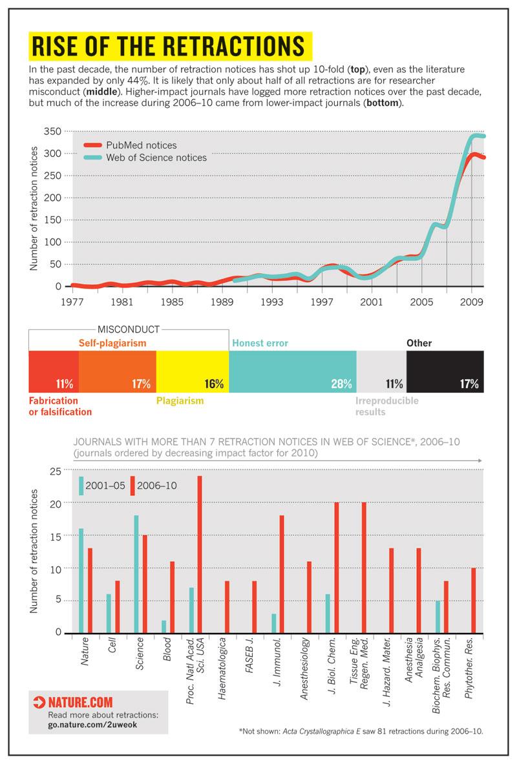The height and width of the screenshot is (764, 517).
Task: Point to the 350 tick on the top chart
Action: pos(52,131)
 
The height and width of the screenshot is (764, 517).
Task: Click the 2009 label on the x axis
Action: pos(472,302)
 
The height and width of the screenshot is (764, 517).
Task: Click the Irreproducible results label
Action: pos(386,406)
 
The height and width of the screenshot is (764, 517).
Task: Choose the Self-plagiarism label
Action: pos(112,342)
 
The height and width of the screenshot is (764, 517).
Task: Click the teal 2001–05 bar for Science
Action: pos(136,573)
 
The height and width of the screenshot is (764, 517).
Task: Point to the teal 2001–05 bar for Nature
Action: pos(81,580)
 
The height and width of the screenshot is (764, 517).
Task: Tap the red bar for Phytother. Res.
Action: pos(474,600)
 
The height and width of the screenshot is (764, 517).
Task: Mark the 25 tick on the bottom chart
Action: pos(56,470)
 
